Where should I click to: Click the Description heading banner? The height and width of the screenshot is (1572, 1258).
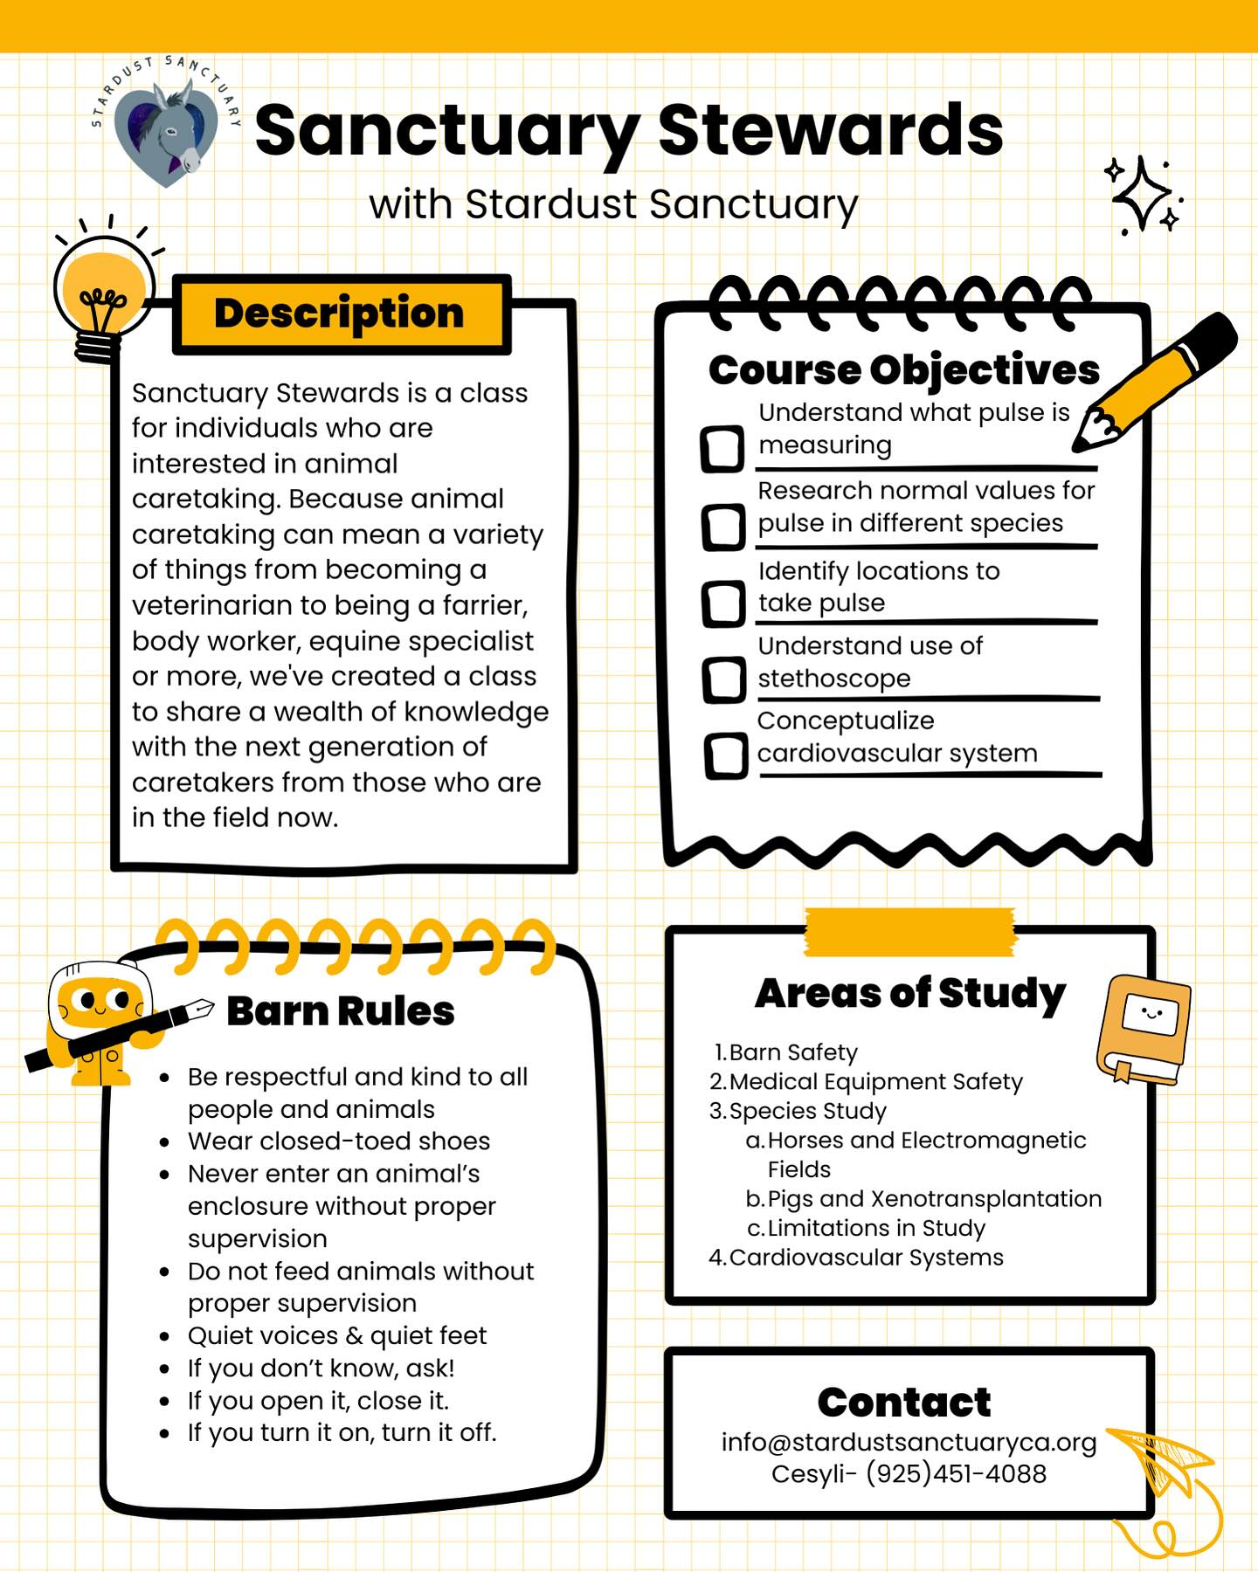tap(340, 314)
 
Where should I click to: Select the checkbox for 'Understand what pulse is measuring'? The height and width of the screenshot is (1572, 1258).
tap(722, 449)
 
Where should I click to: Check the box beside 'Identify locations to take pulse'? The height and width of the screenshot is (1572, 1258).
tap(724, 603)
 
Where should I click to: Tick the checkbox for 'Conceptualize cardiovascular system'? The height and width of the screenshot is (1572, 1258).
tap(726, 755)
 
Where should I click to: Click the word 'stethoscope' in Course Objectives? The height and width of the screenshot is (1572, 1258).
tap(834, 679)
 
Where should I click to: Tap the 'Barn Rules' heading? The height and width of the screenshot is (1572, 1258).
tap(341, 1011)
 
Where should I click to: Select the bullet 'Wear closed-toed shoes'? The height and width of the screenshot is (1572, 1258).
tap(339, 1141)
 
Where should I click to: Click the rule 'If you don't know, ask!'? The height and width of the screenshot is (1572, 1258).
tap(321, 1369)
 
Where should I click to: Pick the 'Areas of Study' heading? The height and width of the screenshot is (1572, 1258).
tap(910, 994)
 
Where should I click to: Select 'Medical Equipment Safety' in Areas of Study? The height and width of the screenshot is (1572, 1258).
tap(875, 1082)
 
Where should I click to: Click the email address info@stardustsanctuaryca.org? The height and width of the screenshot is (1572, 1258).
tap(909, 1443)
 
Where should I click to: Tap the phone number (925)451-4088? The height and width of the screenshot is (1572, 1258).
tap(956, 1474)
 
